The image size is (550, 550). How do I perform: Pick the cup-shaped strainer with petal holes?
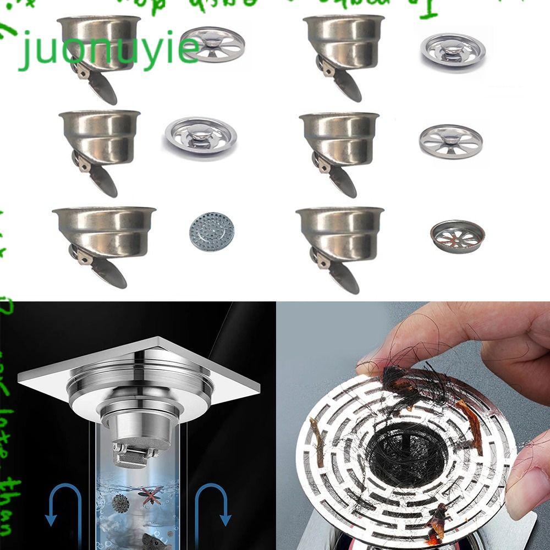pyautogui.click(x=457, y=233)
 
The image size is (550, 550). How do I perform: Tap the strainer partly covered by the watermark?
pyautogui.click(x=212, y=44)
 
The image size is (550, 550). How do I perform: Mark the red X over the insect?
pyautogui.click(x=151, y=493)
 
